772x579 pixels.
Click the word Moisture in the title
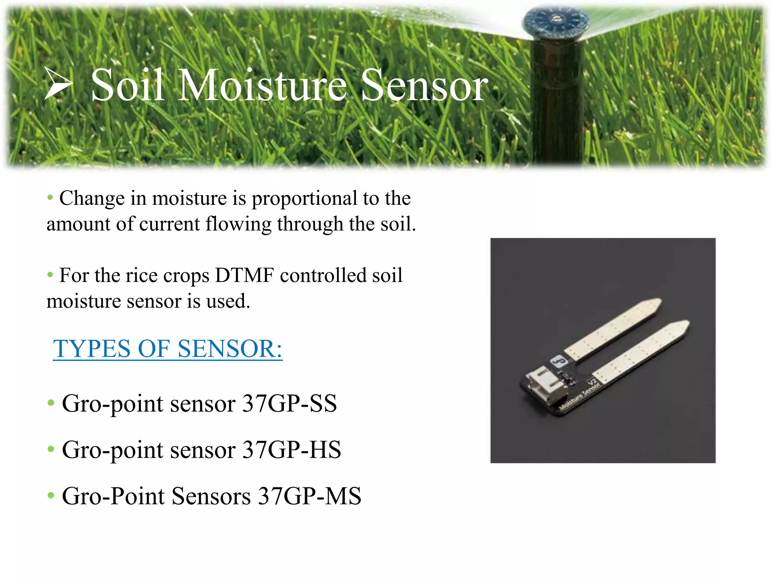[262, 86]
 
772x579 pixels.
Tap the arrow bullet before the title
[58, 84]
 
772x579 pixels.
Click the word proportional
[304, 198]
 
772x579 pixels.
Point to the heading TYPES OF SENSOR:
[168, 349]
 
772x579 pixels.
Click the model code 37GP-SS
[289, 404]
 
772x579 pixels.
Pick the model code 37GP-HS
[291, 450]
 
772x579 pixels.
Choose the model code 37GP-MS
[309, 496]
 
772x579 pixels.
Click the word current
[169, 224]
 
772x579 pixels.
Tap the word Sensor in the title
[424, 86]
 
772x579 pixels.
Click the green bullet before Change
[50, 198]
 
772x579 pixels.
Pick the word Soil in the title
[127, 86]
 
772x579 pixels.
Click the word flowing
[238, 224]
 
